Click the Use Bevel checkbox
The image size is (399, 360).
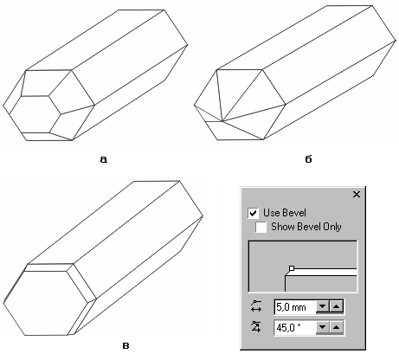[x=253, y=213]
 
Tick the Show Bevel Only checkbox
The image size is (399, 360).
[x=261, y=227]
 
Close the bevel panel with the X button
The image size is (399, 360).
[x=357, y=195]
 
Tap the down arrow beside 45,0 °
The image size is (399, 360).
[x=323, y=327]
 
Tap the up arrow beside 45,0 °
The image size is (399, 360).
[x=336, y=327]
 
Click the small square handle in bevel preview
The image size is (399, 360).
[x=292, y=268]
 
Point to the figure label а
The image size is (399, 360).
[x=104, y=159]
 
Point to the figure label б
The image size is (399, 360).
[x=308, y=158]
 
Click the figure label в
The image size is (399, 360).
[x=125, y=345]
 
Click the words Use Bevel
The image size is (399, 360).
[x=285, y=213]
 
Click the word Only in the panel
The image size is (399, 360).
[x=332, y=227]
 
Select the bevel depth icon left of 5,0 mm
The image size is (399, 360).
[x=256, y=306]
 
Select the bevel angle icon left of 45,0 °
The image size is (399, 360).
[x=256, y=327]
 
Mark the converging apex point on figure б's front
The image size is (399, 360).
[x=222, y=120]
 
